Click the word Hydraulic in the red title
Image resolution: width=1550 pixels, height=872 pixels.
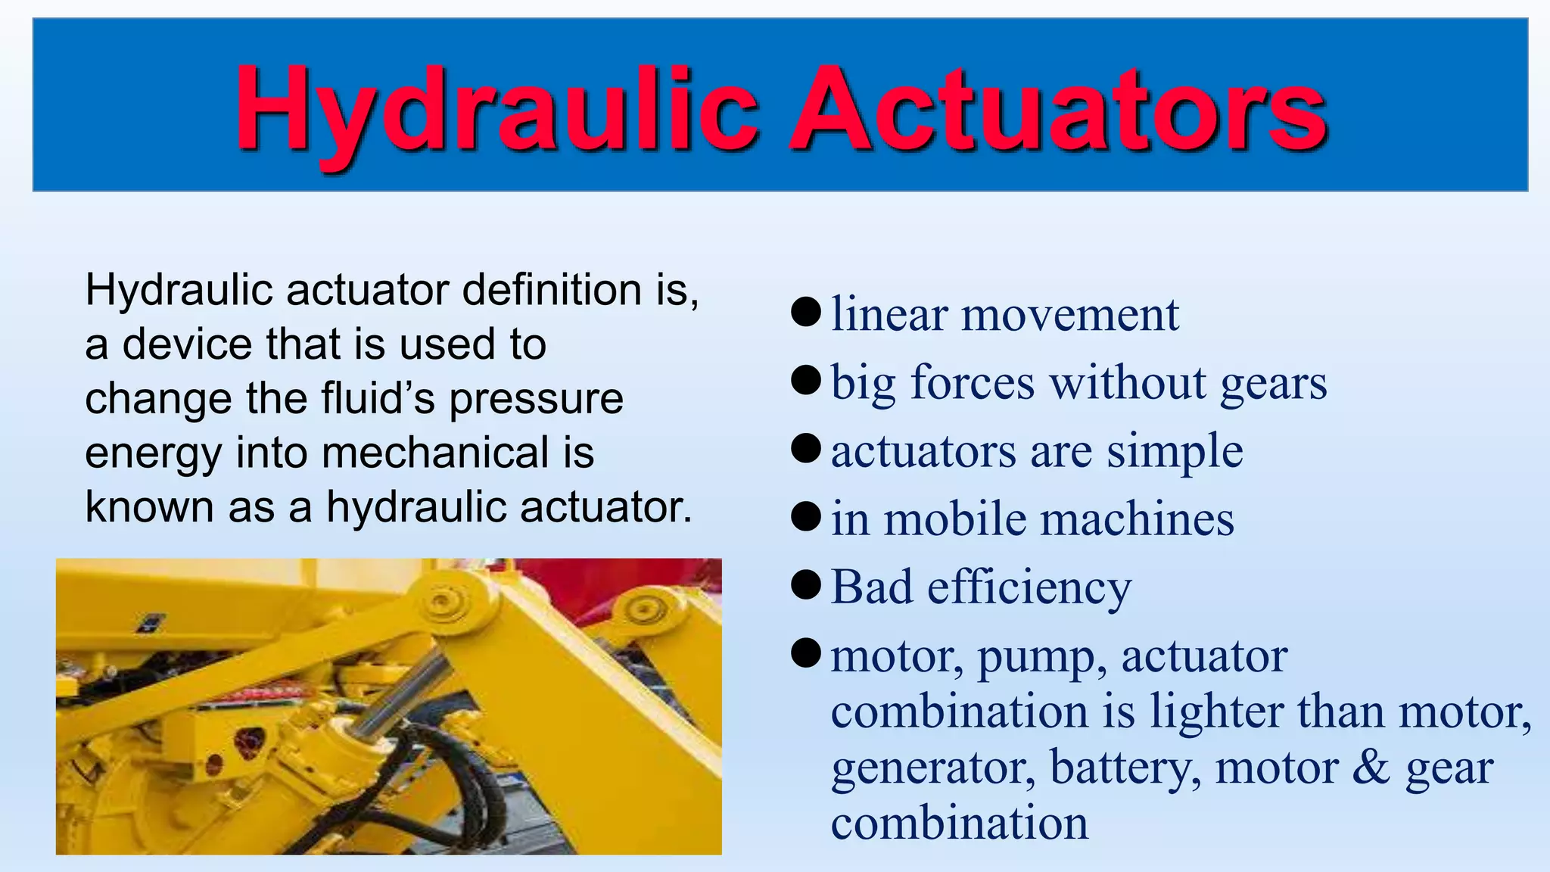(496, 110)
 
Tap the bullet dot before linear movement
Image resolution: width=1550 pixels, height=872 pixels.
(806, 312)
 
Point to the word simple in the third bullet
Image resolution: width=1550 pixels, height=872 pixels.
(1175, 451)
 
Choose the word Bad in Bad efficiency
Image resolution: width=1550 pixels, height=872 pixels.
(872, 587)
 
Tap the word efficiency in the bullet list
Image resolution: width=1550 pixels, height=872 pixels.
(1029, 588)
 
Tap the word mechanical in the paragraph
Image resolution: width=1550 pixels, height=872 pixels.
(435, 453)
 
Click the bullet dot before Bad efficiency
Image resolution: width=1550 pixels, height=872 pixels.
(806, 585)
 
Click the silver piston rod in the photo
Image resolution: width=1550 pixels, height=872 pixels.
(401, 693)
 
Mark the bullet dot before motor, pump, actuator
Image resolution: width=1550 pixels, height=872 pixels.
(806, 652)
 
